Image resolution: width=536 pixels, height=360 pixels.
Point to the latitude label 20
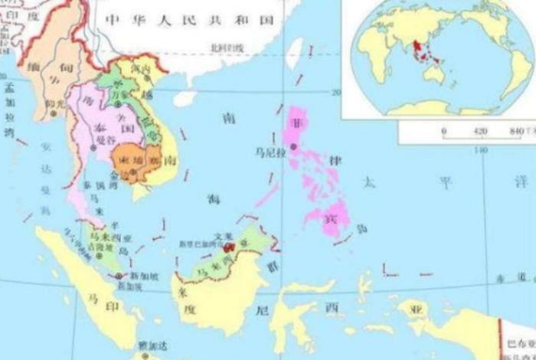[x=334, y=92]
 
